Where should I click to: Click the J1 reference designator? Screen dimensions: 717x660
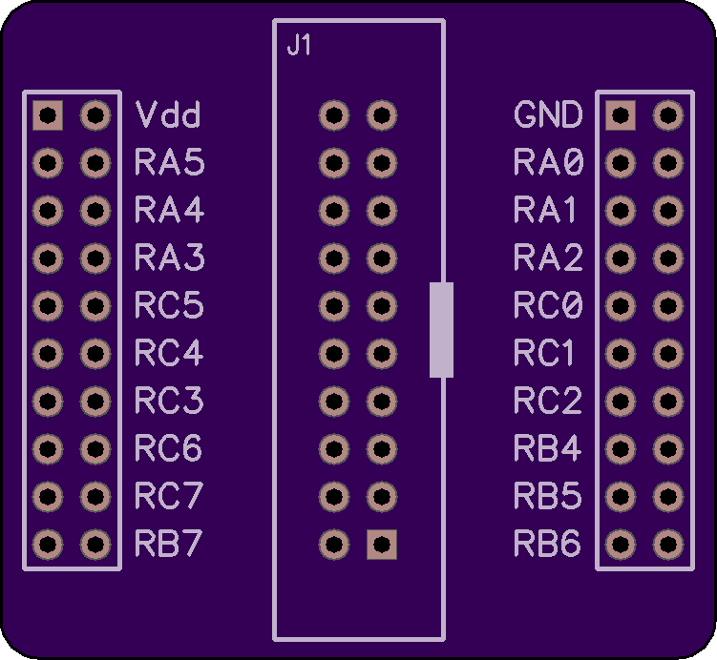click(x=299, y=45)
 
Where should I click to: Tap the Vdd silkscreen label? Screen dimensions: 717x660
click(x=168, y=114)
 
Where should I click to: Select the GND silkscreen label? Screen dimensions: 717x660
click(x=548, y=114)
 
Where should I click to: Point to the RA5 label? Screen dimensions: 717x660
click(x=169, y=162)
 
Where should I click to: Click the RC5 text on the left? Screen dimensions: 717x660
click(x=169, y=304)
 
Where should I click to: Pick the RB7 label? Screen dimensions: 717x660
click(x=168, y=543)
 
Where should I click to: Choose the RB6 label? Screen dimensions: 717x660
click(x=547, y=543)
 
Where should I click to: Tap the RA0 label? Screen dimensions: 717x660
click(x=549, y=162)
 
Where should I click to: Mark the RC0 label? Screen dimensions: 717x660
click(x=548, y=304)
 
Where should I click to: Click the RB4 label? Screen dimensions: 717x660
click(x=547, y=447)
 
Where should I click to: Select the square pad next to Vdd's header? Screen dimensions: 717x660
click(x=48, y=115)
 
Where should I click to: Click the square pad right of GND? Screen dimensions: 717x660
click(x=621, y=115)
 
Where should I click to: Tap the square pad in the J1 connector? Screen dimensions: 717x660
click(x=382, y=545)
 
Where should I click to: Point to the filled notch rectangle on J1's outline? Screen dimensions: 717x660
click(x=441, y=330)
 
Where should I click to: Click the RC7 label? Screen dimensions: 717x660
click(x=169, y=496)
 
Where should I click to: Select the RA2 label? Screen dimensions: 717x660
click(x=548, y=258)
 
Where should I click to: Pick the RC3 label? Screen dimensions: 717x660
click(x=169, y=401)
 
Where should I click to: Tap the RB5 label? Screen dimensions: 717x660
click(x=548, y=496)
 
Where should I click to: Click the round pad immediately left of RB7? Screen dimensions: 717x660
click(x=95, y=545)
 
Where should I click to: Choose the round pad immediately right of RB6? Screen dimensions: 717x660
click(x=621, y=545)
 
